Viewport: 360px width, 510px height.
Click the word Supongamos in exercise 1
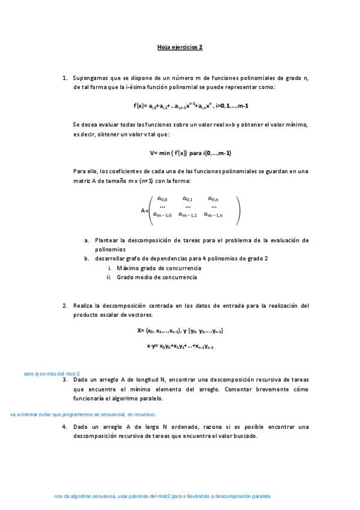coord(90,78)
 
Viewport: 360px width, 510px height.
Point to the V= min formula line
coord(191,153)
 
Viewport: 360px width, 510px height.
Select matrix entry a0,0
coord(162,198)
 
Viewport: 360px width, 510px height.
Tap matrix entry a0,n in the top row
coord(213,198)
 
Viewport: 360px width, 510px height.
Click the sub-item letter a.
coord(87,240)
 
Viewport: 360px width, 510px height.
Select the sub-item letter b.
coord(87,259)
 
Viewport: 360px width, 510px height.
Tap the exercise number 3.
coord(64,380)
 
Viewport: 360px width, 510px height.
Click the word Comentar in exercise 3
coord(251,389)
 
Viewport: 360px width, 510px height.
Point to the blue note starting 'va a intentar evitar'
coord(84,414)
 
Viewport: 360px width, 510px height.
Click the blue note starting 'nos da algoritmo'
coord(162,497)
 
